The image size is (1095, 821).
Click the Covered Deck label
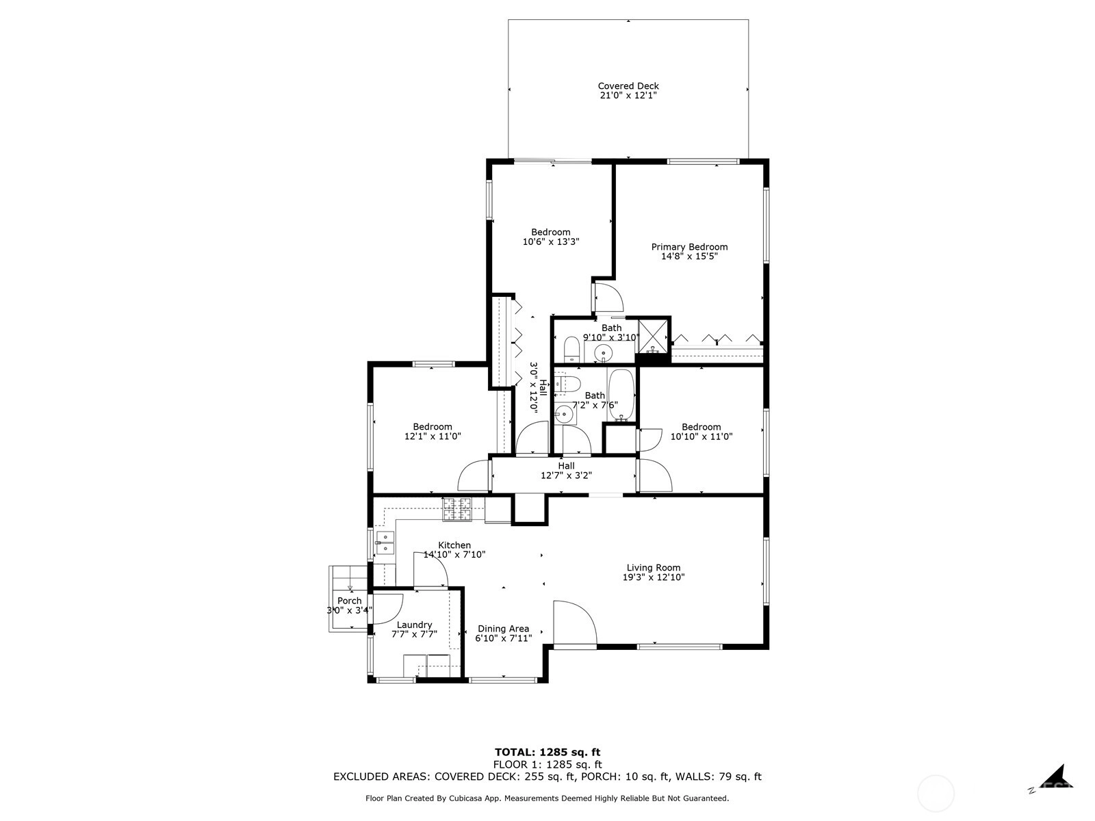pyautogui.click(x=628, y=86)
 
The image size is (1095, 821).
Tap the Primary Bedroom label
pyautogui.click(x=689, y=247)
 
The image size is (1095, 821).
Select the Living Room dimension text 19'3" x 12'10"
pyautogui.click(x=653, y=577)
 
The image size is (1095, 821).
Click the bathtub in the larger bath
pyautogui.click(x=621, y=395)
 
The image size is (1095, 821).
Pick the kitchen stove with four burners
pyautogui.click(x=456, y=510)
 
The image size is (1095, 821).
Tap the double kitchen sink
pyautogui.click(x=385, y=543)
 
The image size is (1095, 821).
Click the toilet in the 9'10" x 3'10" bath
pyautogui.click(x=571, y=350)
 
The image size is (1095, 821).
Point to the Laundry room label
pyautogui.click(x=414, y=625)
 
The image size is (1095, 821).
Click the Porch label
pyautogui.click(x=349, y=601)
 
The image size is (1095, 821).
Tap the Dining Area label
pyautogui.click(x=503, y=629)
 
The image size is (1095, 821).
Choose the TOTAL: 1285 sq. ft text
pyautogui.click(x=547, y=752)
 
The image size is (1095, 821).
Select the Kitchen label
pyautogui.click(x=454, y=545)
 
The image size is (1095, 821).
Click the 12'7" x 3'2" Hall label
pyautogui.click(x=566, y=466)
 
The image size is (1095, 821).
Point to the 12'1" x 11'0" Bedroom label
pyautogui.click(x=433, y=427)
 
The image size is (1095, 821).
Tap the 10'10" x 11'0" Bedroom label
pyautogui.click(x=701, y=427)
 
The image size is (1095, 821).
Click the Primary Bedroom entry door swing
pyautogui.click(x=608, y=298)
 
